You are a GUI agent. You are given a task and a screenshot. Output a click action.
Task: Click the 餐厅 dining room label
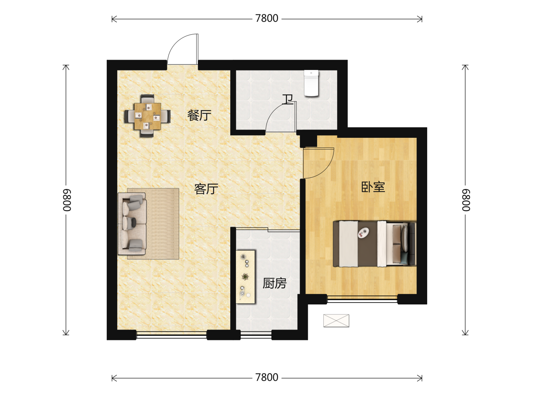(199, 115)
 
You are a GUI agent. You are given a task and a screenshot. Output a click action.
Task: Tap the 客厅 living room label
(206, 189)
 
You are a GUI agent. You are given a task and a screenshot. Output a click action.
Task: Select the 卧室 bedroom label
(373, 187)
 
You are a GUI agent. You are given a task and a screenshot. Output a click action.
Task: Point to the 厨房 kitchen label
(274, 283)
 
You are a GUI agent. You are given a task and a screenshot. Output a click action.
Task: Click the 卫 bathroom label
(287, 99)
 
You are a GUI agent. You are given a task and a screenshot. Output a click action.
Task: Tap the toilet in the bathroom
(311, 83)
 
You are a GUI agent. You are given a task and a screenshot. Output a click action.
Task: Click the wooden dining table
(148, 116)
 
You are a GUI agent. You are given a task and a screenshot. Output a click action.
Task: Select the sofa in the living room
(132, 224)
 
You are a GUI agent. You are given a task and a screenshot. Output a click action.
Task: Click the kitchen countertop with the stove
(245, 277)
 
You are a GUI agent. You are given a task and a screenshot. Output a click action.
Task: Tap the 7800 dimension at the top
(267, 19)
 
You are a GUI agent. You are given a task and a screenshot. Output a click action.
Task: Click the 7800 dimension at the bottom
(267, 377)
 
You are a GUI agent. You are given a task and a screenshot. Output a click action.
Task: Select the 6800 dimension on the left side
(66, 200)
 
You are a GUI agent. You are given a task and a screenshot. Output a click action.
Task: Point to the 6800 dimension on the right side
(466, 200)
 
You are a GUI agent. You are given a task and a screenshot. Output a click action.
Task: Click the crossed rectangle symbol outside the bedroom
(336, 321)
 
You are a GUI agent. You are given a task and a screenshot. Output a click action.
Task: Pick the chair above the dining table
(148, 99)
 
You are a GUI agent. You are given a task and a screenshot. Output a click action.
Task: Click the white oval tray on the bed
(363, 232)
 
